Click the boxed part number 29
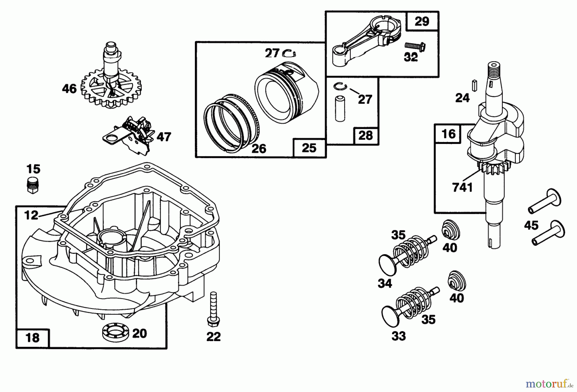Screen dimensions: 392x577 click(x=422, y=21)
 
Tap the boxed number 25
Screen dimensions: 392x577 click(x=309, y=148)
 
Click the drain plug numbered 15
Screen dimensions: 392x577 click(x=32, y=184)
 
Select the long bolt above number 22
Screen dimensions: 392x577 click(x=213, y=308)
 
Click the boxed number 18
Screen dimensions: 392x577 click(x=33, y=338)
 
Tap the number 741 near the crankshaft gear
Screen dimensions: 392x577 click(x=462, y=187)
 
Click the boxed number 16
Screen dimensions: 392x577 click(x=448, y=133)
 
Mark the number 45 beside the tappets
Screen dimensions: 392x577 click(x=531, y=225)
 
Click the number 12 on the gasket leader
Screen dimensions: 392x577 click(x=31, y=215)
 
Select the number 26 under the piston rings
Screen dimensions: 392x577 click(x=258, y=148)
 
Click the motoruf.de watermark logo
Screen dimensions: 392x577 click(x=548, y=383)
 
